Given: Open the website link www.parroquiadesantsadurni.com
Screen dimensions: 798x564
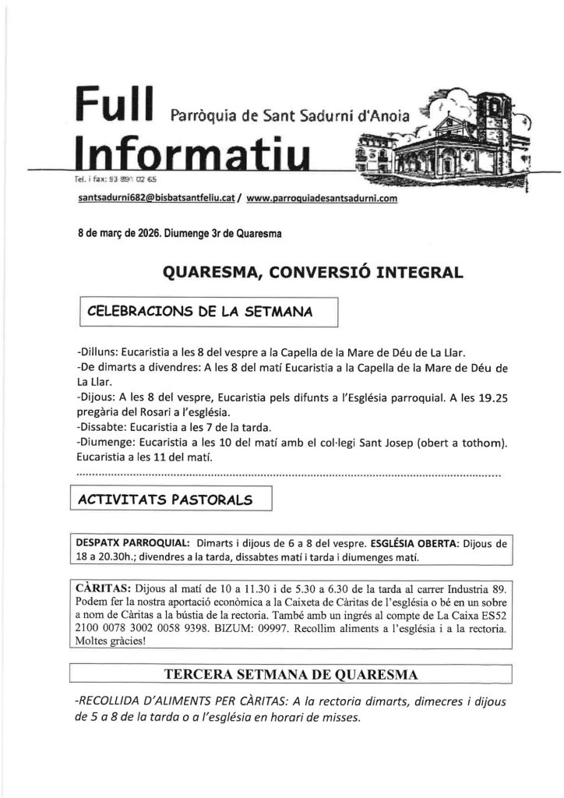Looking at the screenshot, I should click(x=322, y=199).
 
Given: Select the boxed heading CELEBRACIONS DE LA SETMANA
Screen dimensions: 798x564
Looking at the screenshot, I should click(x=200, y=312).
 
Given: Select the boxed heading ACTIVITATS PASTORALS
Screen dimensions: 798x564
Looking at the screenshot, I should click(x=169, y=500).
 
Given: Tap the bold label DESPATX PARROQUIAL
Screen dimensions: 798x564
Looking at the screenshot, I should click(x=129, y=543).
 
